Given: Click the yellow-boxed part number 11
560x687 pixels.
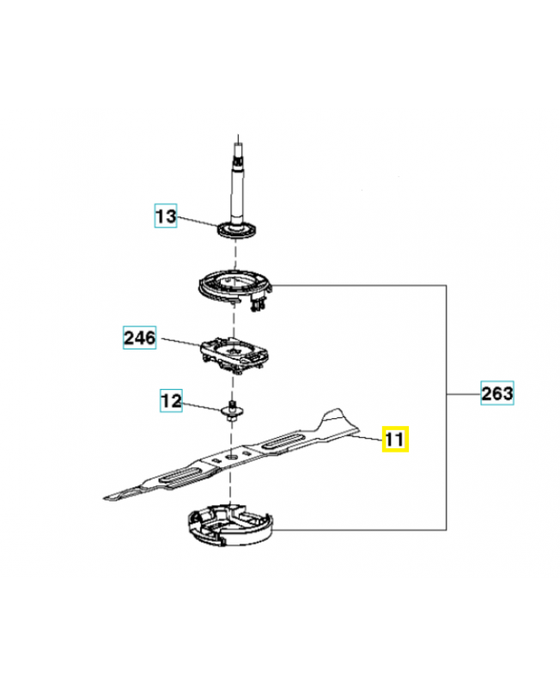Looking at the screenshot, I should coord(396,440).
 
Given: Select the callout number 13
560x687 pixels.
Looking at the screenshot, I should coord(165,216).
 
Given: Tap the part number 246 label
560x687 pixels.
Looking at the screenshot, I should coord(139,337).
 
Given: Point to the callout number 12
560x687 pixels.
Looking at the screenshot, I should coord(171,399).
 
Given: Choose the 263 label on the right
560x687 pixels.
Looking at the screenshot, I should coord(497,393).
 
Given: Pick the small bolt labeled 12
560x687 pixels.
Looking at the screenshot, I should coord(231,410).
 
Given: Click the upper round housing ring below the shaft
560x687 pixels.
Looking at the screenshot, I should coord(232,287).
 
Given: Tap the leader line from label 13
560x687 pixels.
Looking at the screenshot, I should coord(197,222).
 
